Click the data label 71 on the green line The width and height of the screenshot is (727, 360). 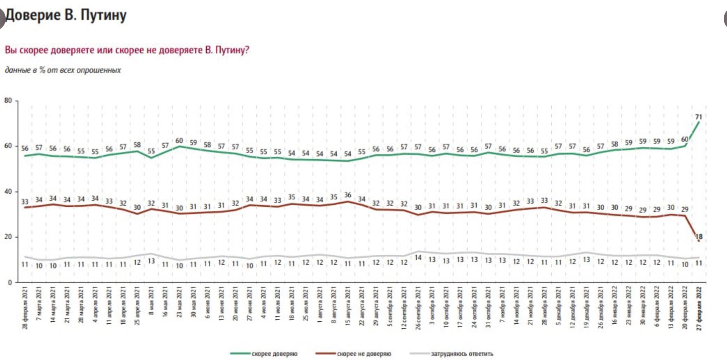click(x=698, y=117)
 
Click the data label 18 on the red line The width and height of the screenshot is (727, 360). click(x=699, y=236)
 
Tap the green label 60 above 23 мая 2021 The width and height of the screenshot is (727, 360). click(x=179, y=141)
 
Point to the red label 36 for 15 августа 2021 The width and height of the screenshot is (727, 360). click(x=347, y=195)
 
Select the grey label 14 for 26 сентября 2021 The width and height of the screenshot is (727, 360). click(x=418, y=257)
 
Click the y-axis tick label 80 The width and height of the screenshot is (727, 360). click(x=8, y=100)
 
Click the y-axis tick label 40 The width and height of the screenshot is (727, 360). click(x=8, y=191)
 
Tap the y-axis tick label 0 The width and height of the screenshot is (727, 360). click(x=10, y=282)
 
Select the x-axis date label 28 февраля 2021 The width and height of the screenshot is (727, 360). click(x=25, y=308)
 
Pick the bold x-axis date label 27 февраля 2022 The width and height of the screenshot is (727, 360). click(x=699, y=309)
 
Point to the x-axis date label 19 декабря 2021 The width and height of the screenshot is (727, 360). click(x=586, y=308)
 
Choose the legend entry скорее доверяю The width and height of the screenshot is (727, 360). click(x=274, y=354)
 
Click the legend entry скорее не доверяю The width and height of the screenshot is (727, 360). click(x=364, y=354)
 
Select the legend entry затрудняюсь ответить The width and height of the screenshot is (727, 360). click(x=462, y=354)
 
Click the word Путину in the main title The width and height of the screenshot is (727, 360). click(x=103, y=15)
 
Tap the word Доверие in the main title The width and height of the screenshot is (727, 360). click(x=33, y=15)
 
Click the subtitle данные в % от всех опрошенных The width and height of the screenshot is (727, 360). click(x=63, y=70)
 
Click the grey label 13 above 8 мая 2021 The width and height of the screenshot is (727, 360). click(x=151, y=261)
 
